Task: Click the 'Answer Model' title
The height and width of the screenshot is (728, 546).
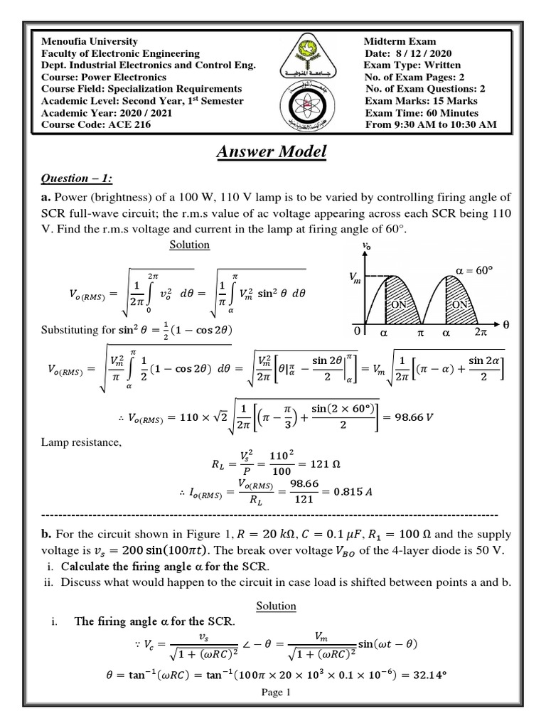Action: (x=273, y=151)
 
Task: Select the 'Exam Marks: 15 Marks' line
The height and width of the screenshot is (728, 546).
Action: (x=421, y=101)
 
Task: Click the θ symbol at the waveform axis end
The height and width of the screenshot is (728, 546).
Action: (x=506, y=323)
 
